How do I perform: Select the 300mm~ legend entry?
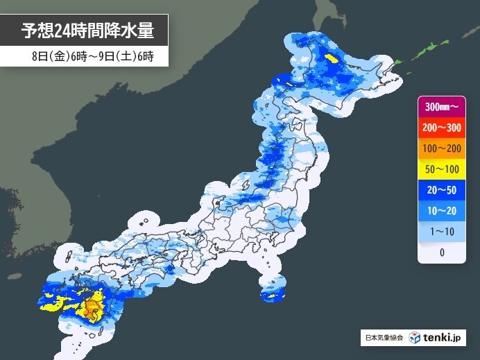click(441, 108)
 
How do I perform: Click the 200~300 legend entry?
click(441, 128)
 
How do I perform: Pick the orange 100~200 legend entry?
click(441, 149)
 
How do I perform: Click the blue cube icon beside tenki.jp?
click(415, 338)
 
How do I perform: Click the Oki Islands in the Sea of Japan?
click(145, 223)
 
